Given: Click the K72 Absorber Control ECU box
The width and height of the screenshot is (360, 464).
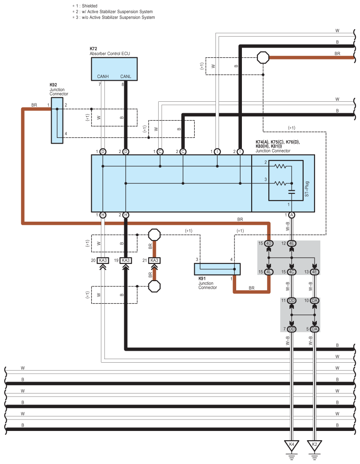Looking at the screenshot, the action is point(114,69).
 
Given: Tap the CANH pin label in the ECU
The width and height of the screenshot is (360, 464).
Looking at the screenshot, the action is point(103,76).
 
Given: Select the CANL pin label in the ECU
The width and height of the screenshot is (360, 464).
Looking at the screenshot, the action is point(126,76).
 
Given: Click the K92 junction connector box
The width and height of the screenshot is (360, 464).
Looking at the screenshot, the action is point(57,120).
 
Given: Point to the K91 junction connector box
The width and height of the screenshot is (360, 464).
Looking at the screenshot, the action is point(217,269).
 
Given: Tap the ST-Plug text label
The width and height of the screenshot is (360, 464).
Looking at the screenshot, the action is point(307,189).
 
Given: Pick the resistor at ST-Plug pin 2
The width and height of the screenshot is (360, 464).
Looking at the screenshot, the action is point(280,166).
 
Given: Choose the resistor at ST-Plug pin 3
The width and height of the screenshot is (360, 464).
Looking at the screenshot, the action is point(280,183).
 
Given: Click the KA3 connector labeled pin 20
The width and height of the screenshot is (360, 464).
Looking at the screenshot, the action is point(103,260).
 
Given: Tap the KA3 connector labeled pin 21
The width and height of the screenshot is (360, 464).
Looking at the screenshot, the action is point(154,260).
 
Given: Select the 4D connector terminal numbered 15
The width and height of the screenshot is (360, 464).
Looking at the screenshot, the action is point(269,244).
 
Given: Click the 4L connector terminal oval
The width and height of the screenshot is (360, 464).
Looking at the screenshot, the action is point(269,272).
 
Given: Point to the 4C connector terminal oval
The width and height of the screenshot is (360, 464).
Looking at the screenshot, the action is point(292,272).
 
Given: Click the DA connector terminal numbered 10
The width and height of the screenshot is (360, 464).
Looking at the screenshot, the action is point(315,301).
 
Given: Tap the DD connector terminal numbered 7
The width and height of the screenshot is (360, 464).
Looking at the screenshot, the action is point(292,329).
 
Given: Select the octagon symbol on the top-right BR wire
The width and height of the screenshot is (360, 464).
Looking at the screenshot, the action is point(263,57).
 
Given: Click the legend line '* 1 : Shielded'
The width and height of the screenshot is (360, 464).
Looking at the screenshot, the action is point(85,6).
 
